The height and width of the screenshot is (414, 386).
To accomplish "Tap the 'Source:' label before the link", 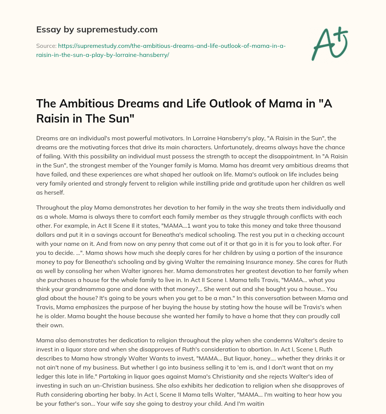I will point(46,46).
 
